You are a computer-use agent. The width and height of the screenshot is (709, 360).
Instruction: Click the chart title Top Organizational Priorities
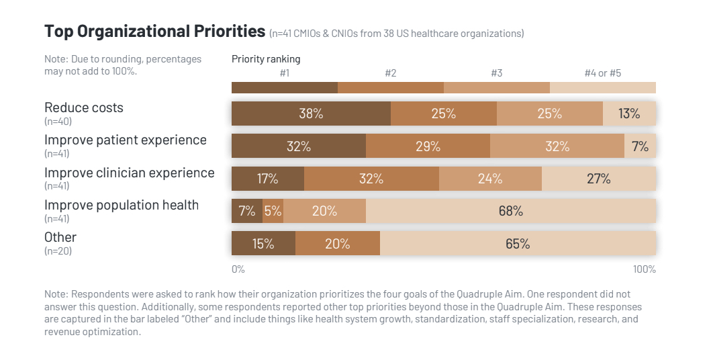[x=154, y=31]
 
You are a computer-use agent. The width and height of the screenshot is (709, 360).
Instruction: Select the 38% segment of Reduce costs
[x=311, y=114]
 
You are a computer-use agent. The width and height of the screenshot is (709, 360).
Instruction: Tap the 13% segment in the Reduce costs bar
[x=629, y=114]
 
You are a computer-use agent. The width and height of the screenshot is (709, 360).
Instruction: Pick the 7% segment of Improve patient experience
[x=640, y=146]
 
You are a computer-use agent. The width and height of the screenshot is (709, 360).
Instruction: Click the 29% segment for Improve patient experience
[x=428, y=146]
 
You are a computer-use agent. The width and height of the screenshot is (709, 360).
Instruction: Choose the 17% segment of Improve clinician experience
[x=268, y=179]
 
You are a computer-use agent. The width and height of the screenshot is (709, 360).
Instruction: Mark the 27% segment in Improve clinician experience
[x=598, y=179]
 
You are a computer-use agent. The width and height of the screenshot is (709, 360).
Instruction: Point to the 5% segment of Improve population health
[x=273, y=211]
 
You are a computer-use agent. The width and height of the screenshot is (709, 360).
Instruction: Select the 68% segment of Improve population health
[x=510, y=211]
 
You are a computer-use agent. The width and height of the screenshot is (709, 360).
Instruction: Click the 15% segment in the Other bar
[x=263, y=244]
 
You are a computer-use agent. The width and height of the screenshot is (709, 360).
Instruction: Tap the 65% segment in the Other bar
[x=518, y=244]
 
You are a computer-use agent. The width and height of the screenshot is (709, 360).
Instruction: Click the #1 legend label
[x=285, y=73]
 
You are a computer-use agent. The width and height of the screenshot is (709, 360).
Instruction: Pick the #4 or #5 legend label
[x=602, y=73]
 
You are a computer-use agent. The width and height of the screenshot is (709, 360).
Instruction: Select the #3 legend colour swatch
[x=497, y=87]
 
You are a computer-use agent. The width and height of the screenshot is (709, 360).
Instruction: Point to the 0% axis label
[x=238, y=269]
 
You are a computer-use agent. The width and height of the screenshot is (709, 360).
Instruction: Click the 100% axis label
[x=644, y=269]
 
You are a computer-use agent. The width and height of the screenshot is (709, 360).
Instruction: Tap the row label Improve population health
[x=122, y=205]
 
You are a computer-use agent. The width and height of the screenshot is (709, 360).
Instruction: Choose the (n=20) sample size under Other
[x=58, y=251]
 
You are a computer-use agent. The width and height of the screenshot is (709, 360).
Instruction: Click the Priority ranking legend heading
[x=266, y=58]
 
